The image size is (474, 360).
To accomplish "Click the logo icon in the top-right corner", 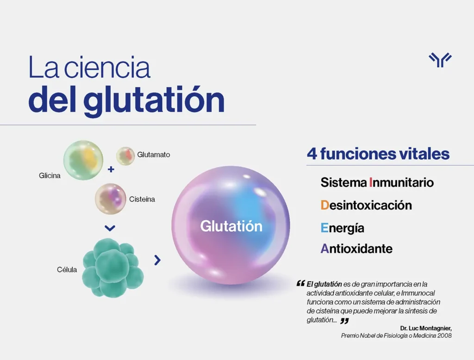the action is pos(440,60).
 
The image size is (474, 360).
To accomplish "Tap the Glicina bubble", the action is pos(83,160).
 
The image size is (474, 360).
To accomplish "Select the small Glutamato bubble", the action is pos(125,156).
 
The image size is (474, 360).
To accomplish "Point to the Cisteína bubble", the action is pos(110,199).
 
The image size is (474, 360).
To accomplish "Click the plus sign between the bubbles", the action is pos(111,169).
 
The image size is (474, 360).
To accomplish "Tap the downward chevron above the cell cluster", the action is pos(110,228).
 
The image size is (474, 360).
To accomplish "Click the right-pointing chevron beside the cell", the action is pos(157,260).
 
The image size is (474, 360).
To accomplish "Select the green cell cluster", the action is pos(113,267).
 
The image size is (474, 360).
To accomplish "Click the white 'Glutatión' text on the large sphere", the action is pos(231,226).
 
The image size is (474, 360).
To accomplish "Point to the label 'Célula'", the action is pos(67,270).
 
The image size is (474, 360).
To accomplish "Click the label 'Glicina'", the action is pos(50,176).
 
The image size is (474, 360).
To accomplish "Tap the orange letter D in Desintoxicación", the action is pos(324,205).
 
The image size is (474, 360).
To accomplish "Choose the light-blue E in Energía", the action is pos(324,228).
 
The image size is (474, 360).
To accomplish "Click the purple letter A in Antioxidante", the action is pos(324,249).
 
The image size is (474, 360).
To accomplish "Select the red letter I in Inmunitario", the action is pos(371,183).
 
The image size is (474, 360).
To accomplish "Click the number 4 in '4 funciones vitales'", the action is pos(312,154).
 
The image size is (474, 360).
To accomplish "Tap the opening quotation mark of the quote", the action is pos(300,283).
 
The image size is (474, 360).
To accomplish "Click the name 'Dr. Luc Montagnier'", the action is pos(426,328).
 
